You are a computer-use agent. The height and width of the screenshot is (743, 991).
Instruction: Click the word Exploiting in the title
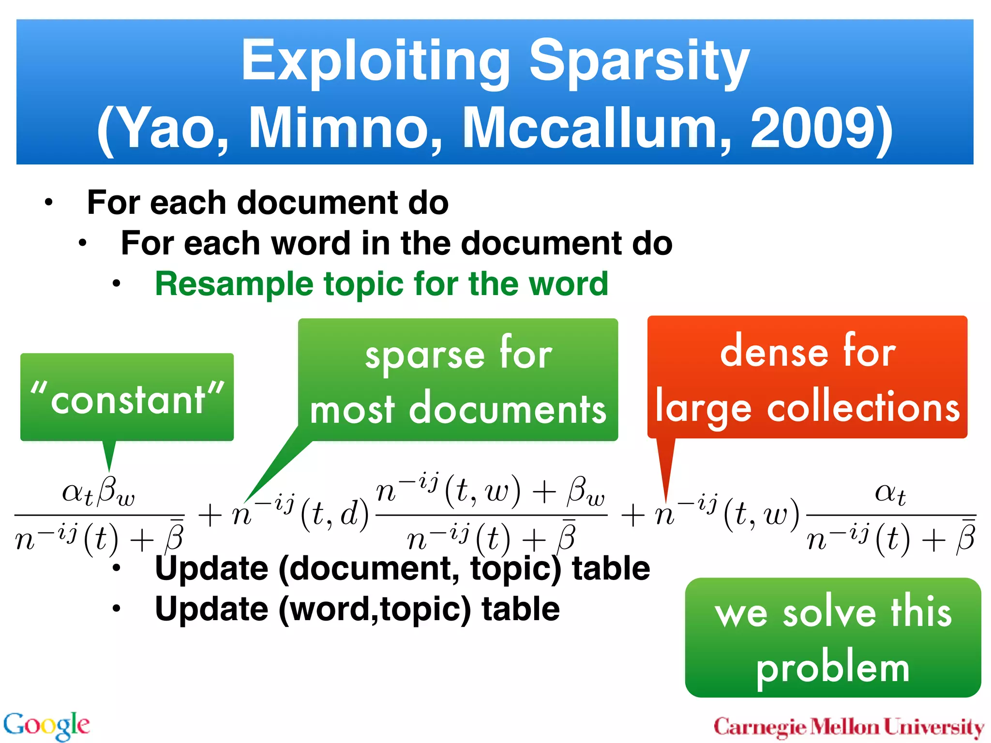375,61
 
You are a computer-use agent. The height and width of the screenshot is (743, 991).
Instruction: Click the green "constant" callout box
127,398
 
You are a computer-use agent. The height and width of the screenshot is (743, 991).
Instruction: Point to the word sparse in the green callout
424,355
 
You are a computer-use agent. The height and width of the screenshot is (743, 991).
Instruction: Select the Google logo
46,725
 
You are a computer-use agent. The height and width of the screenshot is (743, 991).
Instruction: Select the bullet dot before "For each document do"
48,203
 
